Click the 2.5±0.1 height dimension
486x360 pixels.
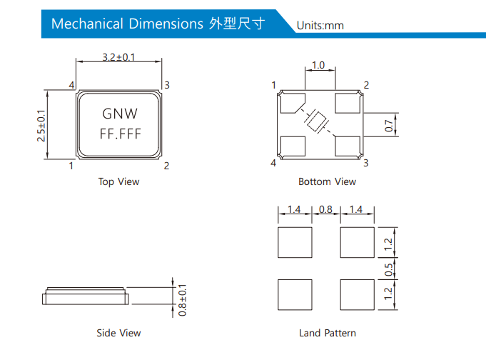(x=41, y=125)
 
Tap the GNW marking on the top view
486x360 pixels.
(x=120, y=114)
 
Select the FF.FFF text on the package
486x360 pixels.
(x=120, y=134)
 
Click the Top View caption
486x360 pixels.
(x=118, y=181)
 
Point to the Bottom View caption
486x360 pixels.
(x=327, y=181)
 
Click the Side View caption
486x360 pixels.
(x=118, y=333)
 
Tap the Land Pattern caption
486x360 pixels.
(x=327, y=333)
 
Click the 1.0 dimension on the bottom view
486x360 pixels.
(x=318, y=66)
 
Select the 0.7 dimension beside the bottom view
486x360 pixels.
(x=389, y=125)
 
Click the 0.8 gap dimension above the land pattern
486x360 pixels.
(x=325, y=209)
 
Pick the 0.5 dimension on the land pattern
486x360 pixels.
(x=389, y=269)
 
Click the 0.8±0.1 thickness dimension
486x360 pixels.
(x=182, y=300)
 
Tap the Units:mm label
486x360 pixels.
(x=320, y=26)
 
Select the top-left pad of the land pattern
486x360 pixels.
(x=295, y=242)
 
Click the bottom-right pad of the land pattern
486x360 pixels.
(x=358, y=294)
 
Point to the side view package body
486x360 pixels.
(x=86, y=296)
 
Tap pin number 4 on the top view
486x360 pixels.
(x=72, y=86)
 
